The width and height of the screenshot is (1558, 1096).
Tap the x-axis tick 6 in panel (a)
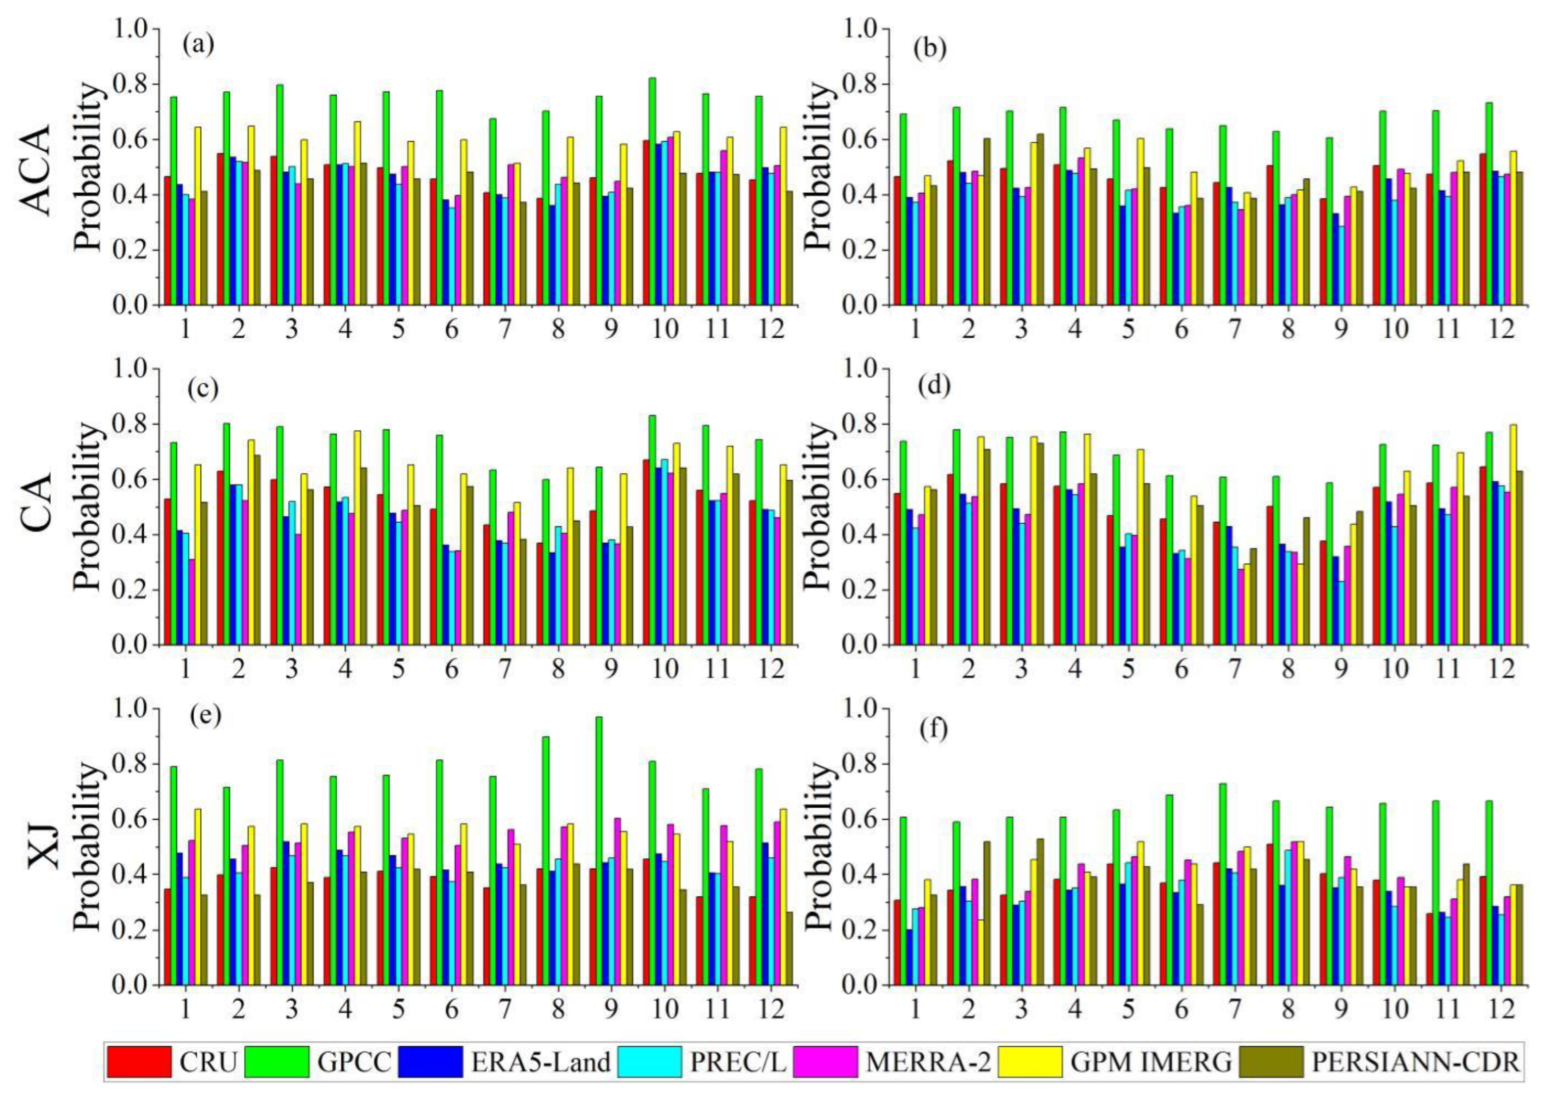[x=451, y=330]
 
